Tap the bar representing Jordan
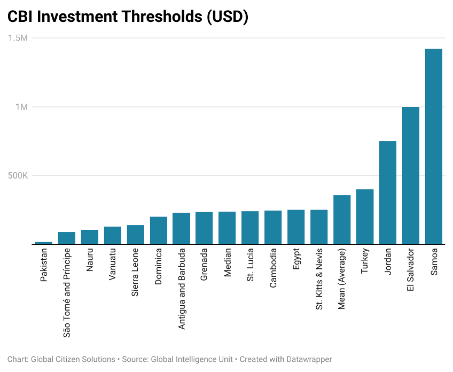coord(387,192)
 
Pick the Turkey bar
coord(365,216)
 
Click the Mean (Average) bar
coord(342,220)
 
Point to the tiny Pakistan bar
coord(44,243)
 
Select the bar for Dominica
coord(159,230)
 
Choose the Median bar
coord(227,228)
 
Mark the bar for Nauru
coord(90,237)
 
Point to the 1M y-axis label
coord(22,107)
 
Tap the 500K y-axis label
coord(17,175)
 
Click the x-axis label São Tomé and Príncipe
coord(67,292)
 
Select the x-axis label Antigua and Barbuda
coord(182,288)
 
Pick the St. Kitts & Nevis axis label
coord(319,278)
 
